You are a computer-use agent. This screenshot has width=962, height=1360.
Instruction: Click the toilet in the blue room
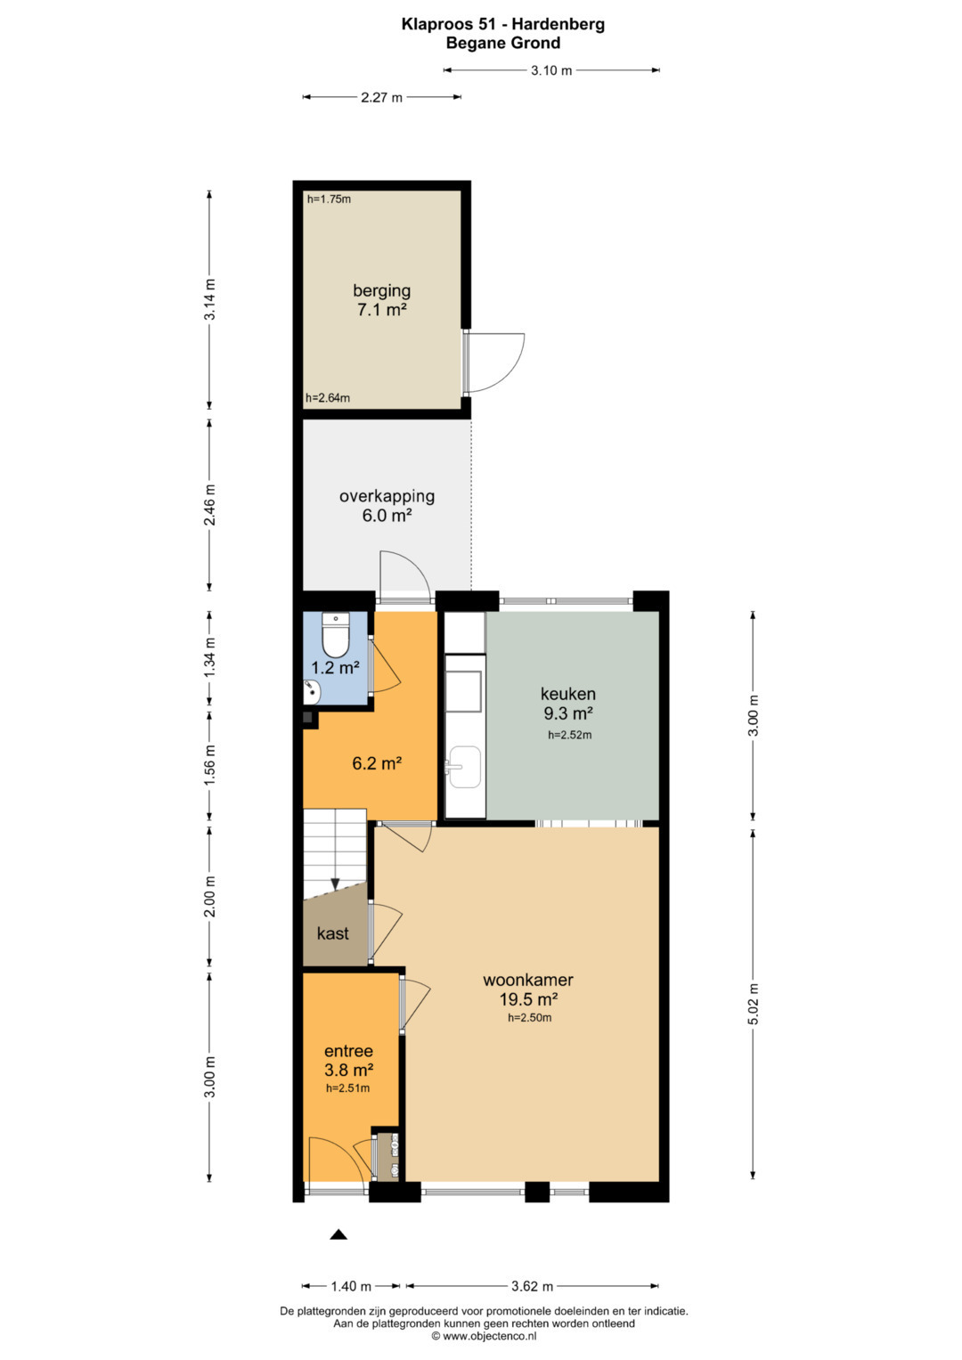coord(335,634)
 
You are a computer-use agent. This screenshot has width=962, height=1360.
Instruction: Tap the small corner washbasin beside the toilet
coord(312,691)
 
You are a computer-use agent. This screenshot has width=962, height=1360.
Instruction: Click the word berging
coord(381,291)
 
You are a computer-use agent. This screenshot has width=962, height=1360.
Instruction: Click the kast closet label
coord(333,933)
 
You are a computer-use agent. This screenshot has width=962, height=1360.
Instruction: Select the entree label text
coord(348,1051)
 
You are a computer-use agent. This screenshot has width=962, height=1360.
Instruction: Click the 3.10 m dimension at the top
coord(551,70)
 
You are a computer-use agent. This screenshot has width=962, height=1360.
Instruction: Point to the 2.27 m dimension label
coord(381,97)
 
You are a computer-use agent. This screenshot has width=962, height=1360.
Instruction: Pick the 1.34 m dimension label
coord(209,658)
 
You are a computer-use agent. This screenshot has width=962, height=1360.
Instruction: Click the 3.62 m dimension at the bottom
coord(532,1286)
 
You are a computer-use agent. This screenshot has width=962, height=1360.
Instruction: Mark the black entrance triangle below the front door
coord(338,1234)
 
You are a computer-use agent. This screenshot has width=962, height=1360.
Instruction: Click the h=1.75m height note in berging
coord(329,200)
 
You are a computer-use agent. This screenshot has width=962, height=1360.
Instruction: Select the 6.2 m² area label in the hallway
coord(377,763)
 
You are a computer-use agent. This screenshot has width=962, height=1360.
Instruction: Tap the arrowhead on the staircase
coord(335,884)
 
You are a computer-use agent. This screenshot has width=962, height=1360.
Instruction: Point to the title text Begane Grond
coord(503,43)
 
